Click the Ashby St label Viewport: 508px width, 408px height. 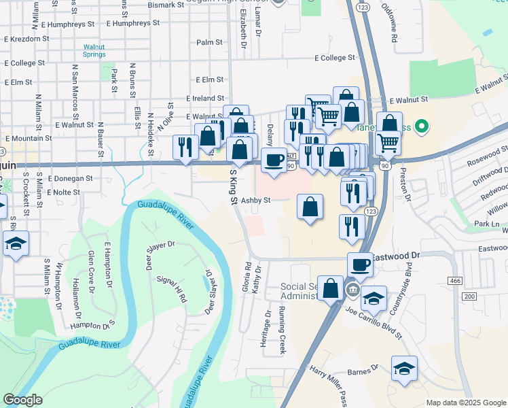pos(257,201)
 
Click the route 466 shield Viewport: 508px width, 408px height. pos(455,280)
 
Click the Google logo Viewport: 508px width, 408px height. pos(22,400)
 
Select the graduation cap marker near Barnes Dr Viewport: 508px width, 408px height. pos(405,369)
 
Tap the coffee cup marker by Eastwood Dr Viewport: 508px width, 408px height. pos(360,264)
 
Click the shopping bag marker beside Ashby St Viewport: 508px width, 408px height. pos(310,207)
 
